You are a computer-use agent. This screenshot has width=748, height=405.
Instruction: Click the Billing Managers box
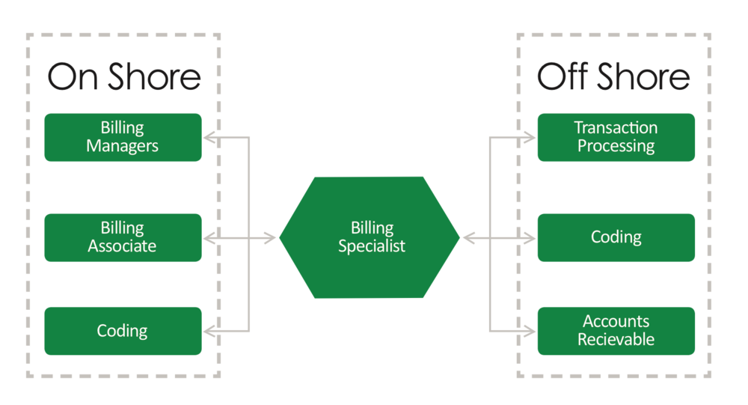(123, 137)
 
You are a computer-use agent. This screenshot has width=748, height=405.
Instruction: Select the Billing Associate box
(123, 237)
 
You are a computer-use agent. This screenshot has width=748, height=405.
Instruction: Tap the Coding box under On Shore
(123, 330)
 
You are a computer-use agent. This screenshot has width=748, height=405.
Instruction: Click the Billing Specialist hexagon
(370, 237)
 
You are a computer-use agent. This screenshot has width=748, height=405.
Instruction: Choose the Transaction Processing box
(616, 137)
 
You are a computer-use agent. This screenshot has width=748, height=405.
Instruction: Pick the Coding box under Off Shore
(616, 237)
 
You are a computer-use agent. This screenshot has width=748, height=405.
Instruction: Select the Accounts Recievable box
(616, 330)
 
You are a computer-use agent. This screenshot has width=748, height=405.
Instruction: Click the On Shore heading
(124, 77)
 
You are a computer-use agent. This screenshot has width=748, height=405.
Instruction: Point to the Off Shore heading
(613, 77)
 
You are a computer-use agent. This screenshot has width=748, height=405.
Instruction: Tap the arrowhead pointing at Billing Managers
(210, 138)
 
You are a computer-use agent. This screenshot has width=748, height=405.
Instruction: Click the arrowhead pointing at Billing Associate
(210, 239)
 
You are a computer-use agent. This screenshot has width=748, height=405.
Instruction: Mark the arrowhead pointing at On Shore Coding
(210, 330)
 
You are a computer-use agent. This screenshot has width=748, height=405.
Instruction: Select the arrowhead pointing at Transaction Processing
(529, 138)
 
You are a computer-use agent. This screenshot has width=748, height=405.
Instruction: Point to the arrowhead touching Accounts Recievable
(529, 330)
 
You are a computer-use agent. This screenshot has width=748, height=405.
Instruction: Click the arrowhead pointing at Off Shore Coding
(529, 239)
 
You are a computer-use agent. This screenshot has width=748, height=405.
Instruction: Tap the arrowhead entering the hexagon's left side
(269, 239)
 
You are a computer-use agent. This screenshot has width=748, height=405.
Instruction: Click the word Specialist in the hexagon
(372, 246)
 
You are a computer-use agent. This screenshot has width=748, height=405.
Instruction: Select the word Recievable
(616, 339)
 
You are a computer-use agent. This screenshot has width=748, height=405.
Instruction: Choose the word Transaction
(616, 128)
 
